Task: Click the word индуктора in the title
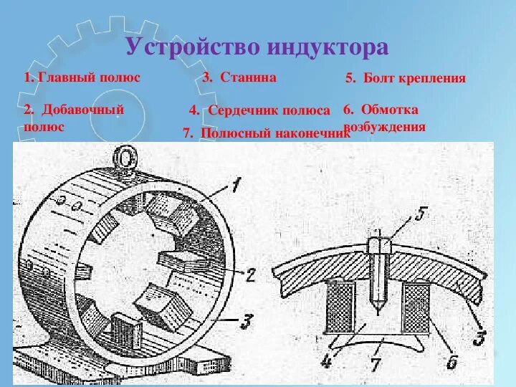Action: click(329, 48)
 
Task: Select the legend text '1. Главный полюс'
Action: click(81, 77)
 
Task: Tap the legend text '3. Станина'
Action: click(239, 77)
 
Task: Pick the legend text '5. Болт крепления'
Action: click(406, 78)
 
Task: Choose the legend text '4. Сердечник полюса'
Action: click(259, 111)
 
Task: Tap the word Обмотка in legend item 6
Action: click(390, 110)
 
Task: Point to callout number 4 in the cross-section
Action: click(326, 362)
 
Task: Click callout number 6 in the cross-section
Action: click(451, 362)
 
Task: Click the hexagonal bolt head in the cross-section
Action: click(377, 244)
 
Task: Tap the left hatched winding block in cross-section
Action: click(340, 305)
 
